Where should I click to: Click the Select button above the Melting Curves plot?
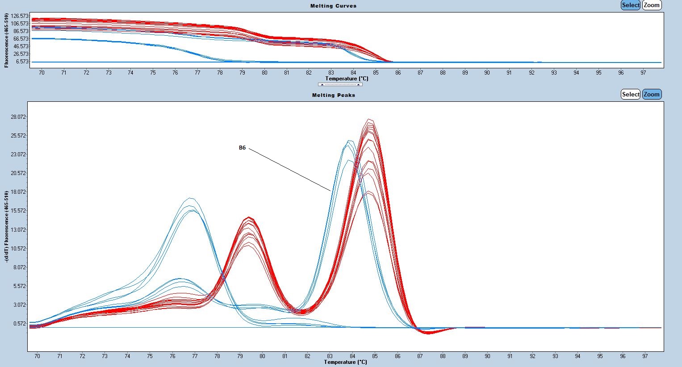coord(630,5)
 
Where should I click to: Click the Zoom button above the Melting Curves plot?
coord(652,5)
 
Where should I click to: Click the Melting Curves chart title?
coord(333,6)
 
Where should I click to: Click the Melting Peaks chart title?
coord(333,95)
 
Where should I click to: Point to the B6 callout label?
coord(242,148)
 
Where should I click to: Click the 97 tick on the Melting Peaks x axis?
coord(645,356)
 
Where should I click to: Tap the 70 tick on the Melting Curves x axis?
coord(42,73)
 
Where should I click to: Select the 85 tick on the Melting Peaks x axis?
coord(375,356)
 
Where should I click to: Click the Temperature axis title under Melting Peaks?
coord(345,362)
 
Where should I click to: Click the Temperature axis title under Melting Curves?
coord(347,79)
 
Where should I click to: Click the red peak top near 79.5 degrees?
coord(249,218)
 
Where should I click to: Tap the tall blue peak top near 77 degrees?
coord(191,198)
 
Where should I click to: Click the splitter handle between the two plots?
coord(340,84)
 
